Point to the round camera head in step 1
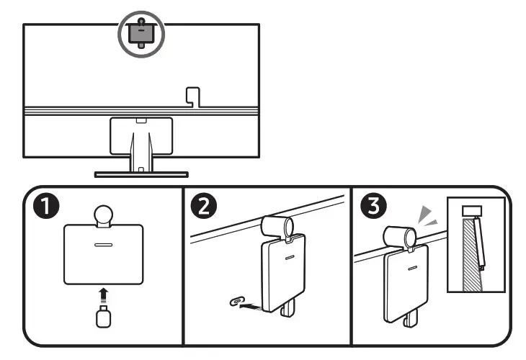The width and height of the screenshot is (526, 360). [103, 215]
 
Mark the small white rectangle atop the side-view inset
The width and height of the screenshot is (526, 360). [471, 211]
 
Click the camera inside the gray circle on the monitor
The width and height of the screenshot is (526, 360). [141, 33]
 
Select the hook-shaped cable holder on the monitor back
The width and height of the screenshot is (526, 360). [191, 96]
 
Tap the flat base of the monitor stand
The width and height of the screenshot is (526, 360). [141, 174]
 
